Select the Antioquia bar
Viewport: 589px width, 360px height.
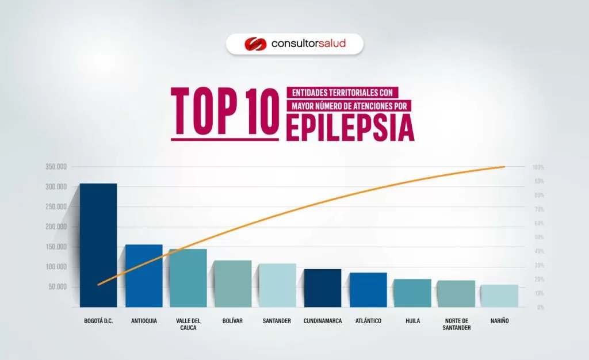144,275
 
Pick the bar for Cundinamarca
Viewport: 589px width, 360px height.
323,288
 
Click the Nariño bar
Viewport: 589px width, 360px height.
499,296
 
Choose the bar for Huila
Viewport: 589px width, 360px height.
412,293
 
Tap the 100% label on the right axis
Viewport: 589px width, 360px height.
538,167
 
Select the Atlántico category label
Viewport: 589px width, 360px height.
368,321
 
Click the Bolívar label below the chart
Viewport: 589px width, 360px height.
233,321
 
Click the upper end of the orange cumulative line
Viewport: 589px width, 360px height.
504,167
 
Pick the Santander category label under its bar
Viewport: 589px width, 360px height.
277,321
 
